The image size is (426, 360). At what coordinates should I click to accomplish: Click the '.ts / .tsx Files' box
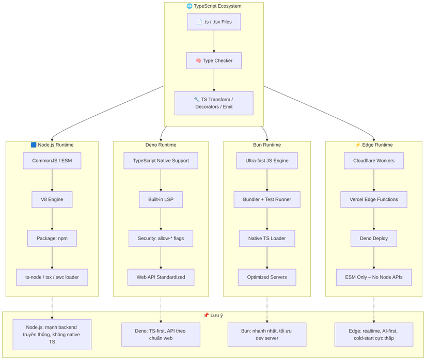pos(214,22)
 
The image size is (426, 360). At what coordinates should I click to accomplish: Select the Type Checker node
pos(214,61)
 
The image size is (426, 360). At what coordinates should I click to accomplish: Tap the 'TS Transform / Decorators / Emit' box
pos(214,103)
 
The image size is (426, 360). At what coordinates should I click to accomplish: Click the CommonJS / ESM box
pos(52,161)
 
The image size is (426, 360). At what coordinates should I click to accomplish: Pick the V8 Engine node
pos(52,200)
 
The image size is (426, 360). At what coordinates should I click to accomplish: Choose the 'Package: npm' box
pos(52,239)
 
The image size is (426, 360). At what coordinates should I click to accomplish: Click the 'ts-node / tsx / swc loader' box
pos(52,277)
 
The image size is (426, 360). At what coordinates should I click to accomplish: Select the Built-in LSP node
pos(161,200)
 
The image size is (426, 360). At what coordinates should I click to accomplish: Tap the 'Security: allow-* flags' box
pos(161,239)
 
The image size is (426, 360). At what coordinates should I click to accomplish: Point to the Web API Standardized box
pos(161,277)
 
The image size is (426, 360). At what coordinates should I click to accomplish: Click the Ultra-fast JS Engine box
pos(267,161)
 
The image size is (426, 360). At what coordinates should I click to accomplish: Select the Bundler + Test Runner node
pos(267,200)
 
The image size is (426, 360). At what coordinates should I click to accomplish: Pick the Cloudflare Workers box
pos(374,161)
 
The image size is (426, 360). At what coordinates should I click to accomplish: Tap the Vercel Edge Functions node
pos(374,200)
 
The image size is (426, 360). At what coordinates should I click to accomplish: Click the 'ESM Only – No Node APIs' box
pos(374,277)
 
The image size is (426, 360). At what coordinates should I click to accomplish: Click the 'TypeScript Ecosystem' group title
pos(214,6)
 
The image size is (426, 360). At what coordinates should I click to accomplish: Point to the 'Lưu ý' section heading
pos(213,316)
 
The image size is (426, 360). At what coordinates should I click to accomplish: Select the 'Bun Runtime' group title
pos(267,145)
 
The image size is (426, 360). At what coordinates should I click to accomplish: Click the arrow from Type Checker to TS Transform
pos(214,80)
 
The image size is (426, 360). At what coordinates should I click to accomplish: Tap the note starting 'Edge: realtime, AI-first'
pos(374,335)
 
